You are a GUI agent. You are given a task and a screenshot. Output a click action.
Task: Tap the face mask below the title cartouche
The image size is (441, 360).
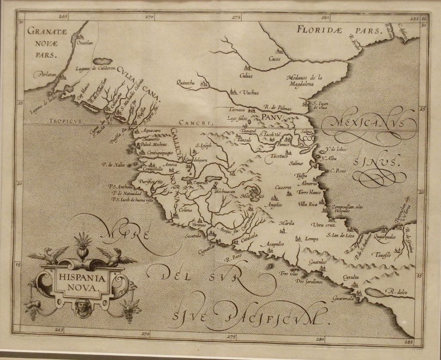[81, 307]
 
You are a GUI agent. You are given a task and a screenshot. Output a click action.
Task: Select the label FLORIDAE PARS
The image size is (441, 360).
[339, 30]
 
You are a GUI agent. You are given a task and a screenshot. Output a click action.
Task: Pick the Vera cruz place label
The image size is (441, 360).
[323, 225]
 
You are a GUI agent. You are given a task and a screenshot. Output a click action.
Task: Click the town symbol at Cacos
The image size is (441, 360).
[278, 51]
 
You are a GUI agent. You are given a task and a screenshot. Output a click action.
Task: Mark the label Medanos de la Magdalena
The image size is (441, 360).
[305, 81]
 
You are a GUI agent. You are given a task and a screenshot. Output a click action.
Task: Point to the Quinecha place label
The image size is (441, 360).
[186, 83]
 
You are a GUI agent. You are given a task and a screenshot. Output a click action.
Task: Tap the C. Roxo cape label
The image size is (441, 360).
[339, 171]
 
